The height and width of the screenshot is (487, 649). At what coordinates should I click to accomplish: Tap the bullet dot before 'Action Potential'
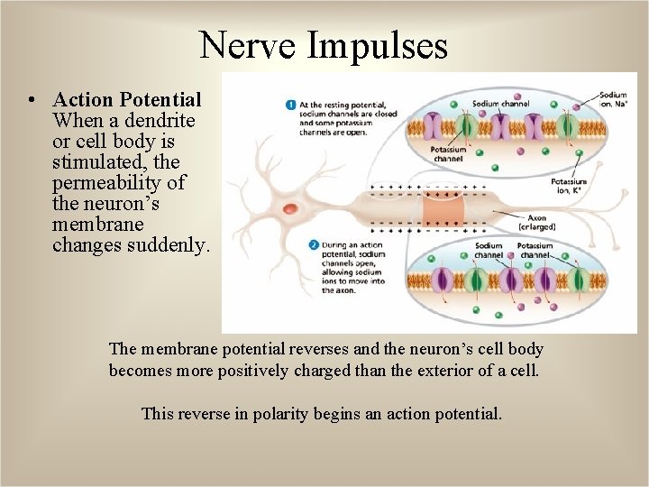[32, 99]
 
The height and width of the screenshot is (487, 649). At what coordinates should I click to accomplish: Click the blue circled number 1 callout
[291, 106]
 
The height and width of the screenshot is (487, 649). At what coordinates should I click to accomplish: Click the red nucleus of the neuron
[289, 208]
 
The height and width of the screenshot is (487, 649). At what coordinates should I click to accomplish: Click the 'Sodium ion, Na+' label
[613, 98]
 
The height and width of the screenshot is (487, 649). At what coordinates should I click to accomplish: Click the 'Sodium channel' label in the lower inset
[489, 250]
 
